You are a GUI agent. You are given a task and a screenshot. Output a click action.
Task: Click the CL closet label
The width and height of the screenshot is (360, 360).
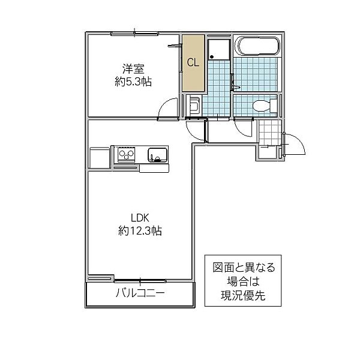(x=193, y=62)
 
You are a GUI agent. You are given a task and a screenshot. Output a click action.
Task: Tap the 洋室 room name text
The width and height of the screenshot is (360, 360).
(x=133, y=69)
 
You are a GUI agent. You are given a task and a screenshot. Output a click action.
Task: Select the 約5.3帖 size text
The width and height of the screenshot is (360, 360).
(x=133, y=82)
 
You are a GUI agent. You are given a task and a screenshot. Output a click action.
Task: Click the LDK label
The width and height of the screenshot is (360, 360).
(x=140, y=218)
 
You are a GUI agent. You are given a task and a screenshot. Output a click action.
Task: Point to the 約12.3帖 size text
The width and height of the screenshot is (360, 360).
(x=140, y=230)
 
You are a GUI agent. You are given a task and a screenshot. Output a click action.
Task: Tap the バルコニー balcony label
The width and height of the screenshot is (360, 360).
(x=140, y=293)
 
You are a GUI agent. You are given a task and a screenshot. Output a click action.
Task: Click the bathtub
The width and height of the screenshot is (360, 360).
(x=259, y=46)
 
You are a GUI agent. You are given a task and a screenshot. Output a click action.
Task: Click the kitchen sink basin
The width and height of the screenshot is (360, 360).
(x=157, y=154)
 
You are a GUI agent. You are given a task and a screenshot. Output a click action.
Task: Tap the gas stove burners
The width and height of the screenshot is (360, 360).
(x=126, y=154)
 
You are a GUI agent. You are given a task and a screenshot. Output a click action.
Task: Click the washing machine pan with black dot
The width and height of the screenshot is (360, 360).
(x=219, y=49)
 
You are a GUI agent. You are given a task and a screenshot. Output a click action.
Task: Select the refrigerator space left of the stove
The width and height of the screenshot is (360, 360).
(x=100, y=158)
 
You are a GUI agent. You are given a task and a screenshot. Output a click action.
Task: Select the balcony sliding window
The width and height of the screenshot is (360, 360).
(x=140, y=281)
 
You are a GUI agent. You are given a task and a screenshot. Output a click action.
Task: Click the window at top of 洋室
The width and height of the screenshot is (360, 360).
(x=134, y=34)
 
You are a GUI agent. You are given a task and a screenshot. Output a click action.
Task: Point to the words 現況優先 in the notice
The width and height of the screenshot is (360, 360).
(x=243, y=296)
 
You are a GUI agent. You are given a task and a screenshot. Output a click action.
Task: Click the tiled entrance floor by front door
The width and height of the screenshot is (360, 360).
(x=270, y=133)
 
